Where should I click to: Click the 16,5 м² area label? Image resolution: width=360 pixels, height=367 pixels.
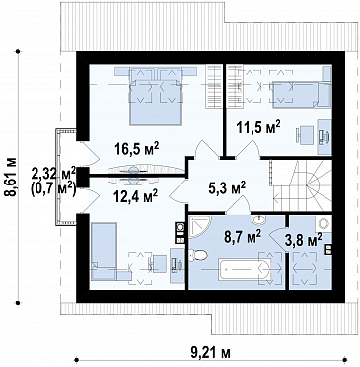(x=136, y=148)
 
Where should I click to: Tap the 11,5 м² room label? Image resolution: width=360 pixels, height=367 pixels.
(x=258, y=127)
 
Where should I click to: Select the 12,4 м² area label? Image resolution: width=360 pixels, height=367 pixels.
(x=136, y=197)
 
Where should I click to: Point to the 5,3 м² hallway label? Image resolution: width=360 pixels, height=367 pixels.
(x=227, y=187)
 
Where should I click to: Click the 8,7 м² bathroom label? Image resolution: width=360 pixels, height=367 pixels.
(x=243, y=236)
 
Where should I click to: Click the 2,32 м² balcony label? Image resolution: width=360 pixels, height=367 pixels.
(x=54, y=173)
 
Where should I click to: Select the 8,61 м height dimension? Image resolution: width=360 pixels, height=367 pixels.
(x=10, y=178)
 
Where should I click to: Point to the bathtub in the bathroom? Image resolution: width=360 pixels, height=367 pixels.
(x=245, y=269)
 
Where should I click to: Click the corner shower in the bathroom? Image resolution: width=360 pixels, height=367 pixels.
(x=200, y=227)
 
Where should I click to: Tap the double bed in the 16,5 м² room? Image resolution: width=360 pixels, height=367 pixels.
(x=156, y=97)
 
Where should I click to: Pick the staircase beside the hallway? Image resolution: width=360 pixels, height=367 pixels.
(x=303, y=186)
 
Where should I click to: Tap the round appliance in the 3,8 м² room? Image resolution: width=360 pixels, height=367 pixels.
(x=324, y=224)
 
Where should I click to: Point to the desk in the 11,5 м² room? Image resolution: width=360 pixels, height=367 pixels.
(x=324, y=136)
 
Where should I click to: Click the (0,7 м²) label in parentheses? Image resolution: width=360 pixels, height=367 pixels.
(x=53, y=189)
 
